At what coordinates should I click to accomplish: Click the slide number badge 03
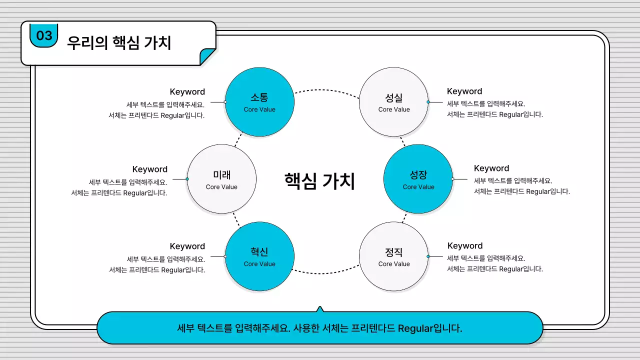click(x=44, y=35)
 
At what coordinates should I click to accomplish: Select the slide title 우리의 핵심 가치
click(x=119, y=43)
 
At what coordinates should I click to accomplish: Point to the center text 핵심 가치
click(x=319, y=181)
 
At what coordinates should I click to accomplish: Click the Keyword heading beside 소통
click(x=187, y=91)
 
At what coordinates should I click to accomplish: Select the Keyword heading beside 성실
click(x=464, y=91)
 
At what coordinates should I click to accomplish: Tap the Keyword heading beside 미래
click(x=149, y=169)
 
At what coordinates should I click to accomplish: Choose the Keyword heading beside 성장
click(x=491, y=168)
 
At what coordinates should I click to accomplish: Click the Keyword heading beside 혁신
click(x=187, y=246)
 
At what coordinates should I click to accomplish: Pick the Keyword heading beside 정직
click(x=464, y=245)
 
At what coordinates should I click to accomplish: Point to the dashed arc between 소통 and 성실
click(x=327, y=90)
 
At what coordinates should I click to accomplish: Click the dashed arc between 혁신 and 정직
click(x=327, y=273)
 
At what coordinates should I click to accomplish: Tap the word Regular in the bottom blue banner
click(x=415, y=328)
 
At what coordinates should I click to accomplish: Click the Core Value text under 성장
click(x=418, y=187)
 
